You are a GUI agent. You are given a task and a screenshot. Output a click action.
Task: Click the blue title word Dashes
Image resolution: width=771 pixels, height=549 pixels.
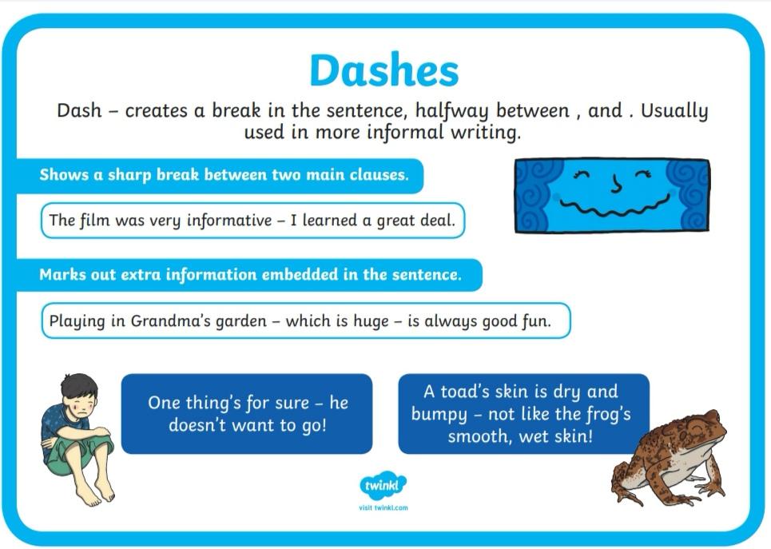point(384,70)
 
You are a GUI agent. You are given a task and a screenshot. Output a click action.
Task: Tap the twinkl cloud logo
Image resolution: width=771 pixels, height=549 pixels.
point(383,486)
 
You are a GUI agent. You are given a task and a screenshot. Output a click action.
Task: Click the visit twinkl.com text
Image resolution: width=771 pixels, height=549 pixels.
point(383,507)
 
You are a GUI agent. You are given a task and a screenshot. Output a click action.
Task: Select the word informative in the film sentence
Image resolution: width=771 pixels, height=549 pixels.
point(229,221)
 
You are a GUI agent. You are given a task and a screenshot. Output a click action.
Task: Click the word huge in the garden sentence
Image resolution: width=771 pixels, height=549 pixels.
point(371,322)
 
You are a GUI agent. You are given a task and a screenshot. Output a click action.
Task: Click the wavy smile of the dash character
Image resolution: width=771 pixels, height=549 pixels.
point(614,207)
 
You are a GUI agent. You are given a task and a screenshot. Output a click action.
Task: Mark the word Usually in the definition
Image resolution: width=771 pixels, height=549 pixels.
point(674,111)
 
